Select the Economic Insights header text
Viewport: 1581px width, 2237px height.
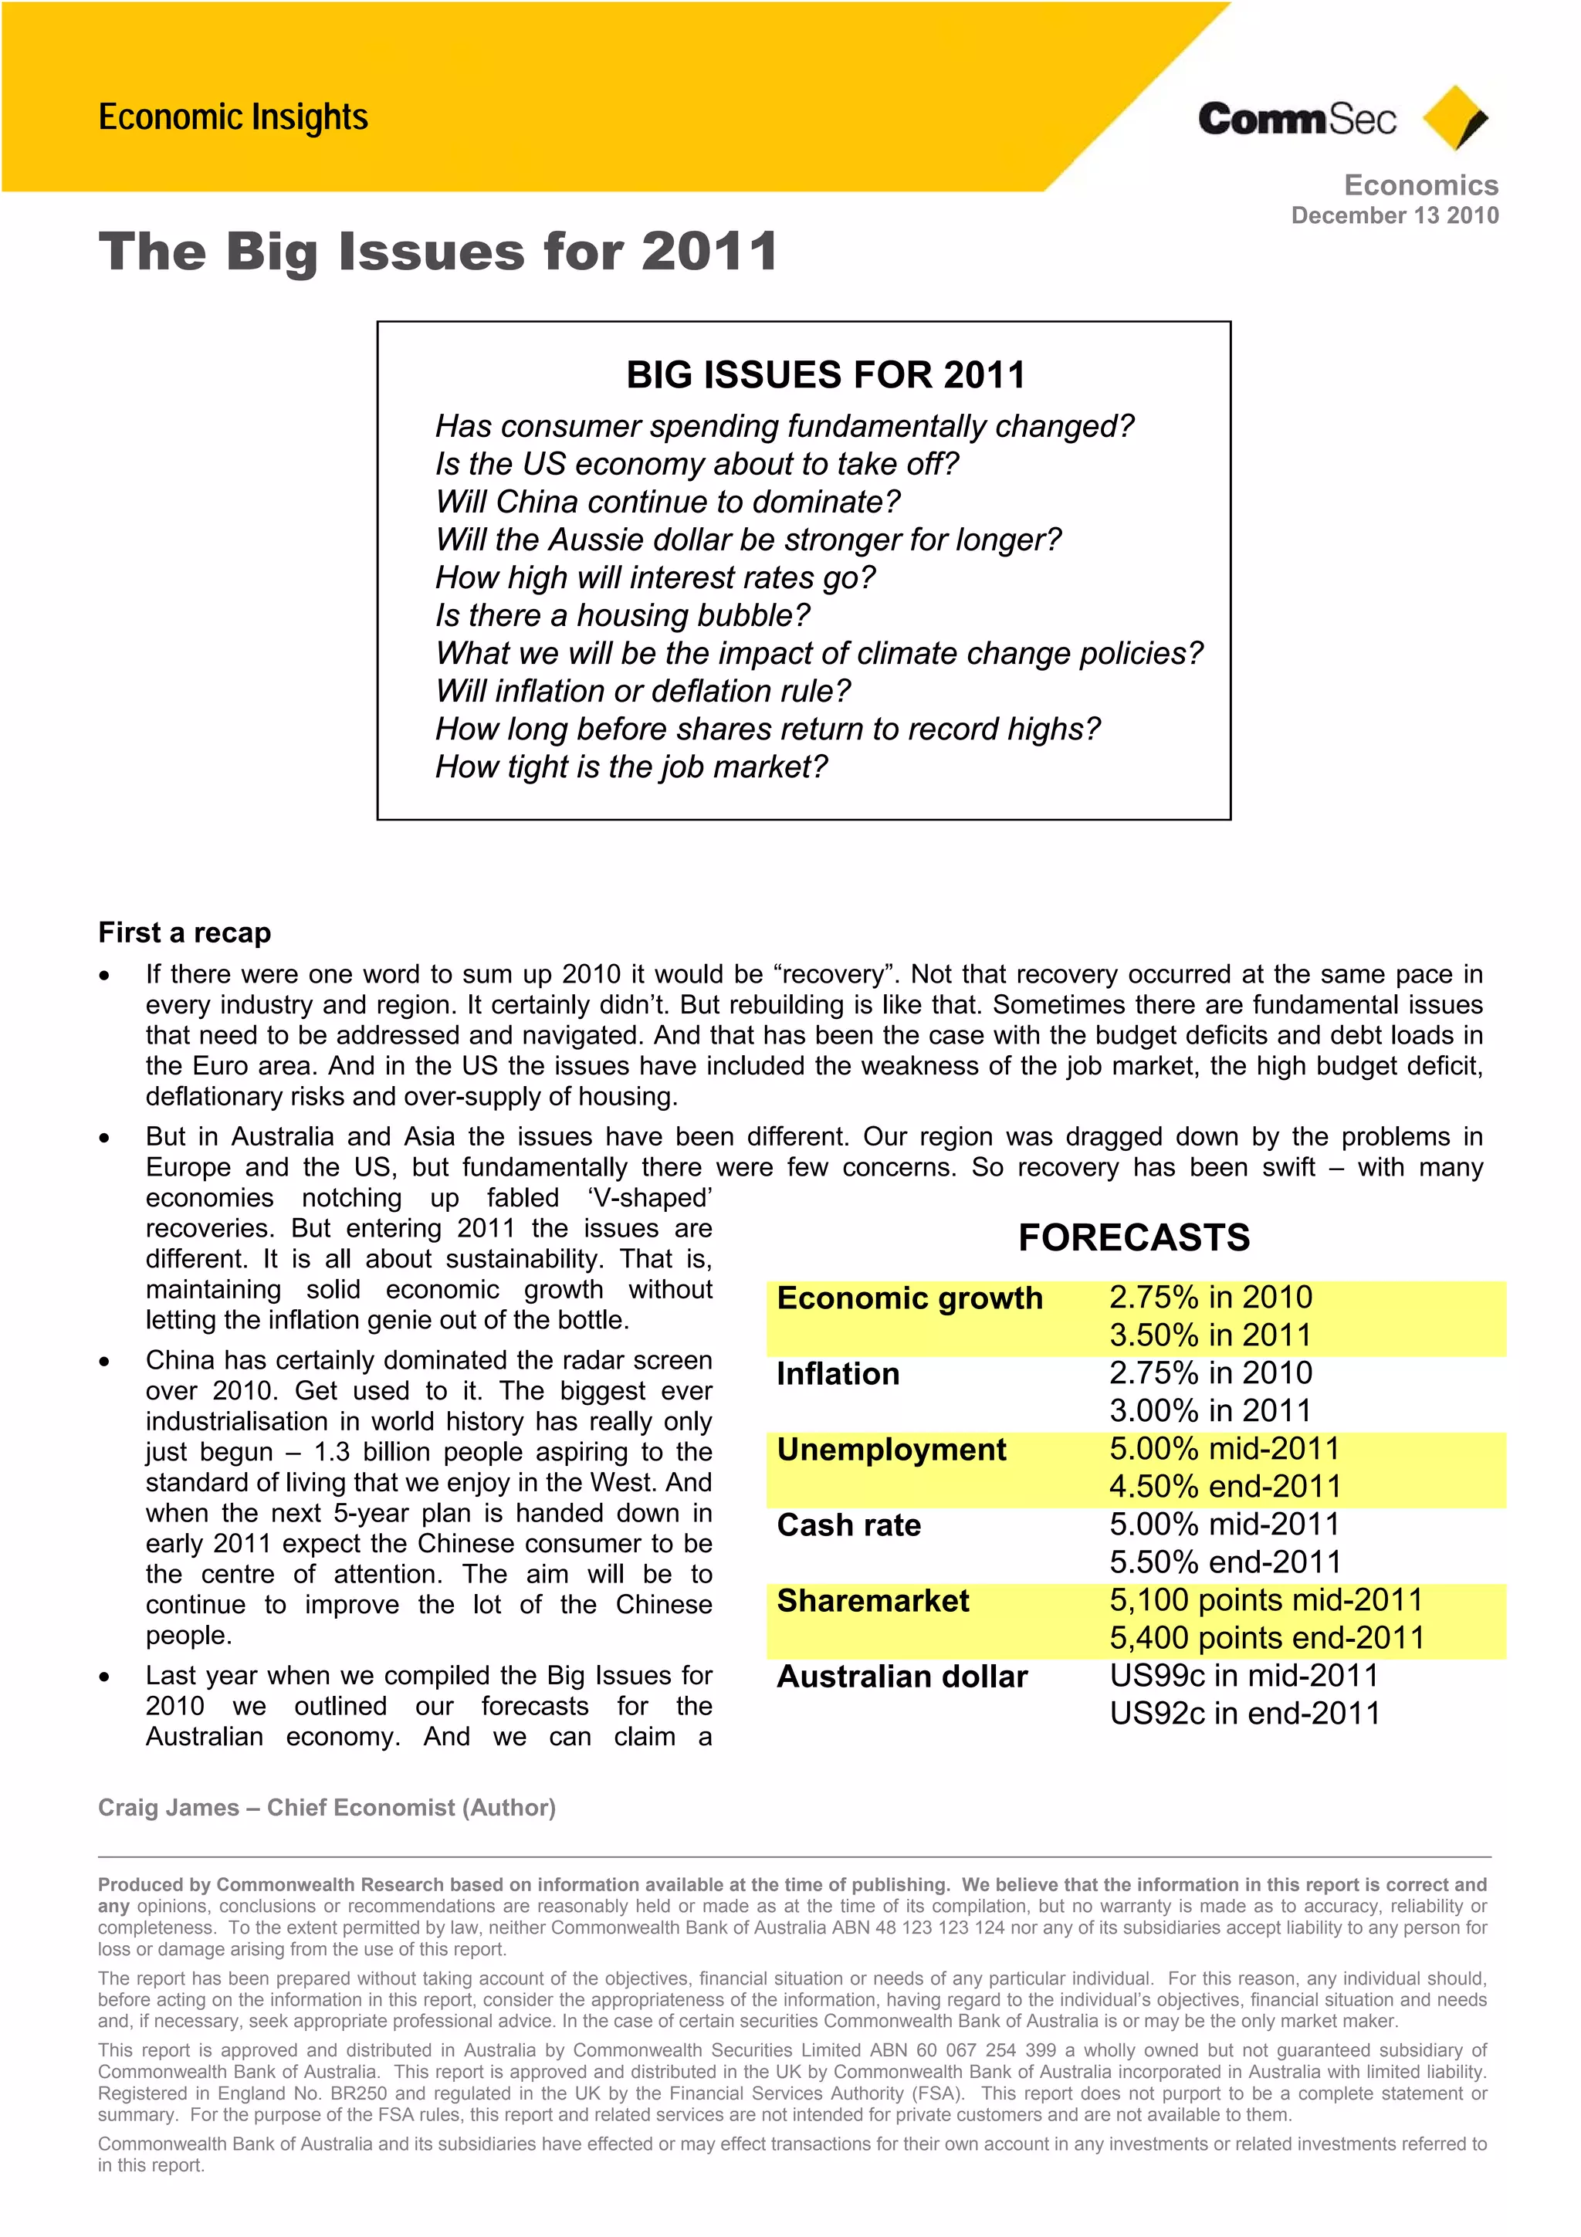point(233,117)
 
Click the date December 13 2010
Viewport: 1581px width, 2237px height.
point(1394,215)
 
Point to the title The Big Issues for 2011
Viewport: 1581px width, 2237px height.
point(438,252)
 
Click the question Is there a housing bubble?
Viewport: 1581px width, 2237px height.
point(621,616)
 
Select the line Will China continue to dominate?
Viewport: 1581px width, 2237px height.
point(667,502)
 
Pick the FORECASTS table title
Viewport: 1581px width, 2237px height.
point(1134,1237)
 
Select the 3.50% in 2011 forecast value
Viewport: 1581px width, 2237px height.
point(1210,1335)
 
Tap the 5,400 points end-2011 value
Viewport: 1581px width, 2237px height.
point(1266,1638)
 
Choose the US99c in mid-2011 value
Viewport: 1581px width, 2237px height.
point(1244,1676)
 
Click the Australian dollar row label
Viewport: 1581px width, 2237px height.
point(901,1677)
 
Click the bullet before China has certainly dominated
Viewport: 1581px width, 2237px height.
point(104,1361)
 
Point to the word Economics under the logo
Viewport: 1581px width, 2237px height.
point(1420,185)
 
